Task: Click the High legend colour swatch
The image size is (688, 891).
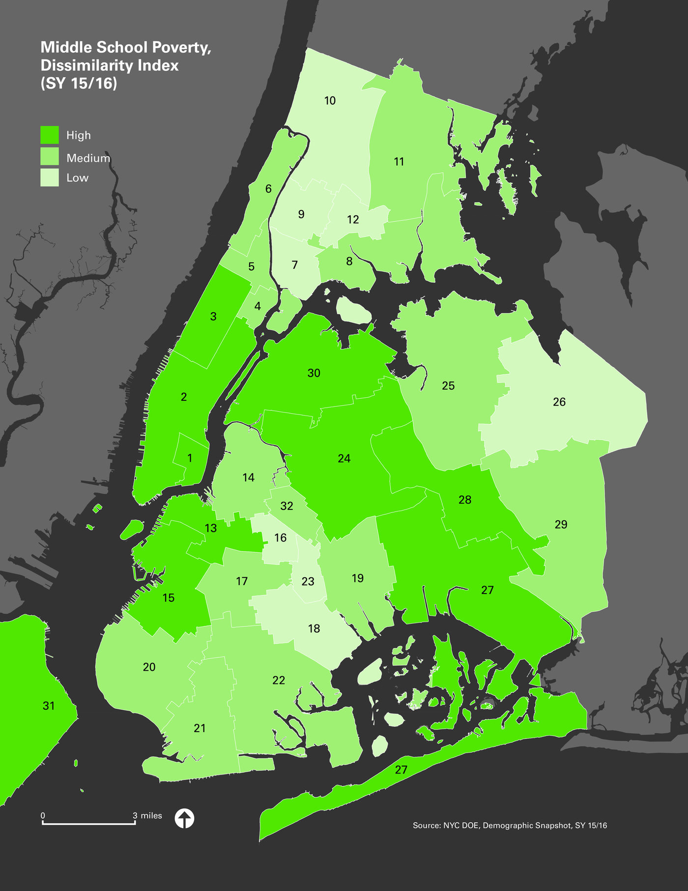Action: click(49, 135)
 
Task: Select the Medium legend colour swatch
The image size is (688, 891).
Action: click(49, 157)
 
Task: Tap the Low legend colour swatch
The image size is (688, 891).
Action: click(49, 178)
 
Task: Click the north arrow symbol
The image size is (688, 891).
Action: click(184, 819)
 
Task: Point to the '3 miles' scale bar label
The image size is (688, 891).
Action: click(147, 816)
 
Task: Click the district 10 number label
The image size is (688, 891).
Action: click(330, 101)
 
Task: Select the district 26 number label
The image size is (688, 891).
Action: click(559, 402)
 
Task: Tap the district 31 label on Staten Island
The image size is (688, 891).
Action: click(49, 706)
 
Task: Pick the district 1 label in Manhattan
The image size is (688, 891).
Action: click(190, 458)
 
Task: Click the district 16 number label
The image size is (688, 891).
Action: click(280, 538)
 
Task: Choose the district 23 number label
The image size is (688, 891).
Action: click(308, 582)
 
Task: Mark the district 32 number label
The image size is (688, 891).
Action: click(287, 506)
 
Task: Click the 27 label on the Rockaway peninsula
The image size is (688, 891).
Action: click(401, 770)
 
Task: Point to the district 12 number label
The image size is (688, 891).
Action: click(353, 220)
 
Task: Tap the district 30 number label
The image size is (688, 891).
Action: click(314, 373)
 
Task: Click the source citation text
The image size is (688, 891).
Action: click(510, 826)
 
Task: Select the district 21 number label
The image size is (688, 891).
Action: click(200, 728)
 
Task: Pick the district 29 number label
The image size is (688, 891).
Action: click(561, 525)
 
